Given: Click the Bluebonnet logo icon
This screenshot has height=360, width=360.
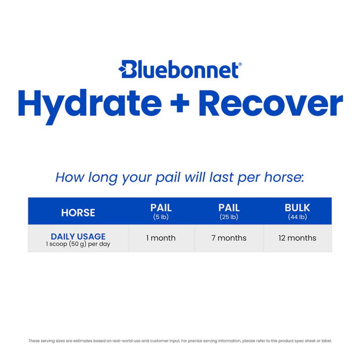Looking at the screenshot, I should (126, 69).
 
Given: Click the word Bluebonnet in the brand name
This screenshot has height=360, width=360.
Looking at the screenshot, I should (185, 69).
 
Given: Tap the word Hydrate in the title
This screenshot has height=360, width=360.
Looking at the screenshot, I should (89, 104).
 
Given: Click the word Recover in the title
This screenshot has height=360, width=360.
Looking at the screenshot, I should (271, 104).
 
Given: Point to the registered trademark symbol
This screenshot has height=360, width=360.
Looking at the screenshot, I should (240, 64).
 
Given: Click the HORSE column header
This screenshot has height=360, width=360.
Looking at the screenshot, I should (78, 213).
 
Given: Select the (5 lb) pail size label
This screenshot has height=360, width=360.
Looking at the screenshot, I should (161, 217).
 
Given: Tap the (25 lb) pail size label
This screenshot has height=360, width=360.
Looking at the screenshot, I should (229, 217).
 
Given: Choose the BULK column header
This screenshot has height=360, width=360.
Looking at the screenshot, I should (297, 208).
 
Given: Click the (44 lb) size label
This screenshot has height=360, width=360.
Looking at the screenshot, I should (297, 217).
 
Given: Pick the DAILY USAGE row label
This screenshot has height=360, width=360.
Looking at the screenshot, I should (78, 236).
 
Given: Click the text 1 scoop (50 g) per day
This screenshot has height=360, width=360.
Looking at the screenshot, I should (78, 244).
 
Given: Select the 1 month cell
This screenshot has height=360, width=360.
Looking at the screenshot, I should (161, 238).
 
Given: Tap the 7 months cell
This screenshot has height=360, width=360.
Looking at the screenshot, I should (229, 238).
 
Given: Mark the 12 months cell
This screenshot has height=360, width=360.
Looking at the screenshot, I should (297, 238).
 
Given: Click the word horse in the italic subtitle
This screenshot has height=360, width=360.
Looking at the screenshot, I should (284, 177).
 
